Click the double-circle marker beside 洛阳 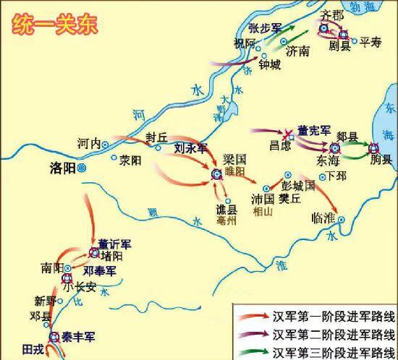82,168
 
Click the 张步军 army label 263,28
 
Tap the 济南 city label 297,52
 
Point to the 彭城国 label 299,187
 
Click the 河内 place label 88,143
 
